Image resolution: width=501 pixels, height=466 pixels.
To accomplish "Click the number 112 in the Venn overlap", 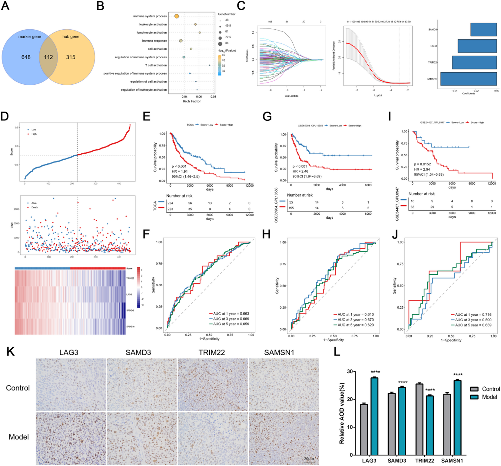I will tap(48, 57).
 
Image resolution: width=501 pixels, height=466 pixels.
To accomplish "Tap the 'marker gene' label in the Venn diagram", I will tap(30, 37).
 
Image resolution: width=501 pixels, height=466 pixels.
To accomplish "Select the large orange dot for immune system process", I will tap(177, 16).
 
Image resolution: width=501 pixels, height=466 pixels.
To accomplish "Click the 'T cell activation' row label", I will tap(156, 65).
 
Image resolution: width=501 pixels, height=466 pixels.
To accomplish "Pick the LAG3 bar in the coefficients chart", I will tap(477, 46).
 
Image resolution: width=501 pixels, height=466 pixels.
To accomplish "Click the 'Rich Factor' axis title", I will tap(191, 101).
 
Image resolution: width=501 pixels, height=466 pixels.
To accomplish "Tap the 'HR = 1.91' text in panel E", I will tap(180, 171).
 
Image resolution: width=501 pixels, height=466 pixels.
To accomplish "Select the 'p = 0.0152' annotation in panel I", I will tap(422, 164).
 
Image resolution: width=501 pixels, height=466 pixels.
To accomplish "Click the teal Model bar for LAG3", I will tap(374, 416).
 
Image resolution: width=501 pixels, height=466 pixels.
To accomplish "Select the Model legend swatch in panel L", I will tap(474, 397).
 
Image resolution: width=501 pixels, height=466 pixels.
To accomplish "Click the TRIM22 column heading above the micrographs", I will tap(212, 353).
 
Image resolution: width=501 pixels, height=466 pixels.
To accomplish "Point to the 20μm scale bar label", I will tap(309, 459).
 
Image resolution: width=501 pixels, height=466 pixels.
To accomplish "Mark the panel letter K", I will tap(11, 352).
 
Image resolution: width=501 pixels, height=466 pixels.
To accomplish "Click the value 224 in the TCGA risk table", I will tap(170, 203).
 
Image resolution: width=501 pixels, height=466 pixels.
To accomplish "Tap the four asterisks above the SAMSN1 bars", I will tap(458, 375).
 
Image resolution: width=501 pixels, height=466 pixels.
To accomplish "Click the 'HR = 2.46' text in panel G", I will tap(300, 171).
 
